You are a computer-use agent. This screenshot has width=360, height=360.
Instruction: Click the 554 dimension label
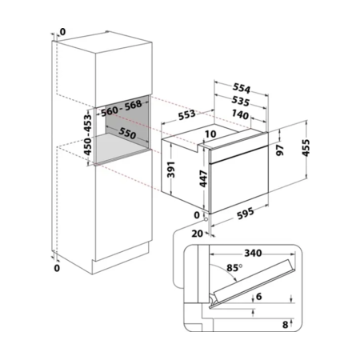[x=242, y=88]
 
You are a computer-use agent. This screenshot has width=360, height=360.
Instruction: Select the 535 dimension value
[x=241, y=101]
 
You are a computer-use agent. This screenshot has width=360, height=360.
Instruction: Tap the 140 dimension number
[x=240, y=114]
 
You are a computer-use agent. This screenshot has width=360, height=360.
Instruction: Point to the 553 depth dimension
[x=186, y=114]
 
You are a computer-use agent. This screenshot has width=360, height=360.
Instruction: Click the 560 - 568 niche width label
[x=122, y=108]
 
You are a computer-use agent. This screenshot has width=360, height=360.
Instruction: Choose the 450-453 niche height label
[x=87, y=134]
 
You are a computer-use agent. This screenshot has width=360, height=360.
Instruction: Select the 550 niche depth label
[x=127, y=133]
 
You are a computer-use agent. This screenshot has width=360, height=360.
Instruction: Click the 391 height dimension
[x=170, y=170]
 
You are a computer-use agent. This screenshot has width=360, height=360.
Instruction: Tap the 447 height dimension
[x=203, y=178]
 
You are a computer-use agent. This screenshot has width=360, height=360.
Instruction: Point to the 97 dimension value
[x=280, y=150]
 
